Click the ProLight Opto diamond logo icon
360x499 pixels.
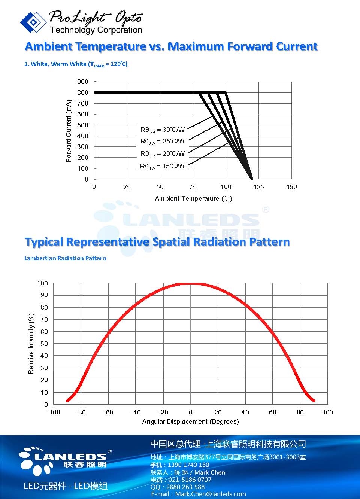point(33,22)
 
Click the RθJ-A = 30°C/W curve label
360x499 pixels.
point(162,130)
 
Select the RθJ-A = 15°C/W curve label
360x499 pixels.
point(162,166)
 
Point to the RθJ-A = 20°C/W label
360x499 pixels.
point(162,153)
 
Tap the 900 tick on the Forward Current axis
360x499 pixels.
point(83,82)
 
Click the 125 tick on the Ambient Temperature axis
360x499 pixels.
point(258,187)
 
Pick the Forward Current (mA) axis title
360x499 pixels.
point(69,131)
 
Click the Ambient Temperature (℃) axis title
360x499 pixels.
point(193,198)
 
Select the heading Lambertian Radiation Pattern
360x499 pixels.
point(65,258)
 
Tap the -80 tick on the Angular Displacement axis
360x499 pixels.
point(81,412)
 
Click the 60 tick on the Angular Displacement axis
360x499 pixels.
point(273,412)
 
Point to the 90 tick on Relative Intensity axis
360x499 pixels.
point(44,295)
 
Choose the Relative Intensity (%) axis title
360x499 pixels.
point(31,344)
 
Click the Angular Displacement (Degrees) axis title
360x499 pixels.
point(190,422)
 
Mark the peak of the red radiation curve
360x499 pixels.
point(191,284)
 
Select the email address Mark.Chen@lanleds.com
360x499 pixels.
point(211,494)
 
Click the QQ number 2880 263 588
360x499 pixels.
point(184,487)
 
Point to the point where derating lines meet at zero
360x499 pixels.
point(251,179)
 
